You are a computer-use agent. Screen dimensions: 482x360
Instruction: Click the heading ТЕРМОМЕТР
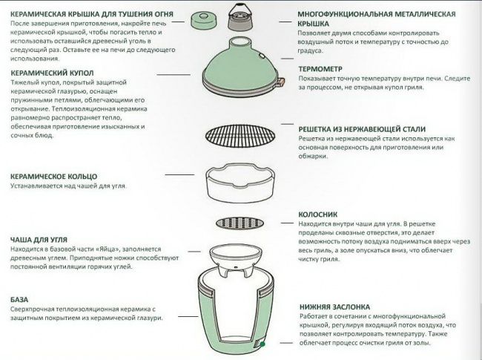(320, 69)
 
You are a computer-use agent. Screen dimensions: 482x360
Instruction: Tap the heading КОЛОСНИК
(318, 215)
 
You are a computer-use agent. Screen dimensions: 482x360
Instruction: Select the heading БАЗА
(19, 299)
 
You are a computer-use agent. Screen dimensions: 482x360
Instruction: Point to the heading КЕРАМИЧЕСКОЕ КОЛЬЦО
(54, 177)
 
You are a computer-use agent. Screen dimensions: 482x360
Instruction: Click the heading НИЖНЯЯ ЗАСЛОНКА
(334, 307)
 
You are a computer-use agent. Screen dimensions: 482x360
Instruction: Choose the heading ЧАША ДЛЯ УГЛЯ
(39, 240)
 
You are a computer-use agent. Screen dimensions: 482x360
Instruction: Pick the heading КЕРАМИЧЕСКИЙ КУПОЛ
(52, 73)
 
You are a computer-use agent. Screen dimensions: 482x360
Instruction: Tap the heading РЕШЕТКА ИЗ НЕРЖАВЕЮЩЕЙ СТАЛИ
(362, 129)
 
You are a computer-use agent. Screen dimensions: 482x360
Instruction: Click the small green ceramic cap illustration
(203, 20)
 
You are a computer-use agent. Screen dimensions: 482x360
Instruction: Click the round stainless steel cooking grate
(240, 136)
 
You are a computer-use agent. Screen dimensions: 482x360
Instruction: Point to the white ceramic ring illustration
(240, 183)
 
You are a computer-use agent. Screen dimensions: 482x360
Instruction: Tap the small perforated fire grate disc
(240, 223)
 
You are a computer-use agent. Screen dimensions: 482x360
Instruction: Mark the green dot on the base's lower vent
(263, 344)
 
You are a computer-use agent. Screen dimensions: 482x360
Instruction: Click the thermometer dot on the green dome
(262, 56)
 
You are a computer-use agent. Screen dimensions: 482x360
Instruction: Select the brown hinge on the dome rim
(280, 82)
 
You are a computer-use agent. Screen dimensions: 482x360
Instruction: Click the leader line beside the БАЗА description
(188, 316)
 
